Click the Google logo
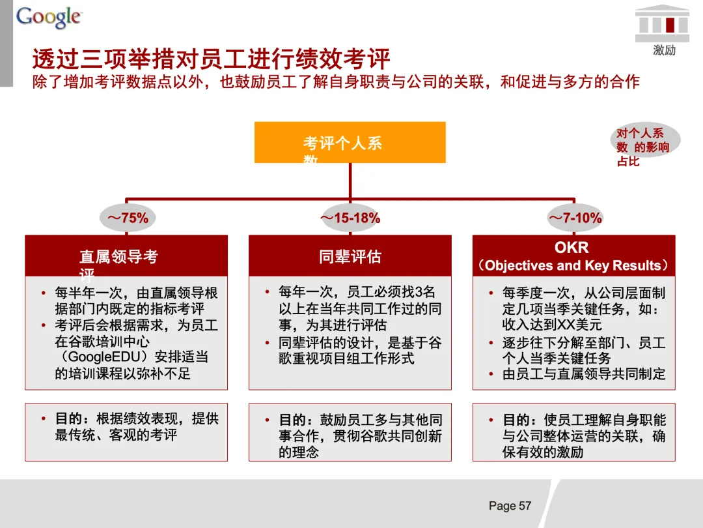[49, 18]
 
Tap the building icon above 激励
[662, 23]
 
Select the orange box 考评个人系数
[350, 143]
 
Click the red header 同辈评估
[350, 257]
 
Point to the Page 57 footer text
[510, 506]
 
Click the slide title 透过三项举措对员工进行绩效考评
[212, 59]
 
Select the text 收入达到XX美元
[552, 325]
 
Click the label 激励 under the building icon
[664, 50]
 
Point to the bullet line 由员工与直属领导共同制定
[584, 374]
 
